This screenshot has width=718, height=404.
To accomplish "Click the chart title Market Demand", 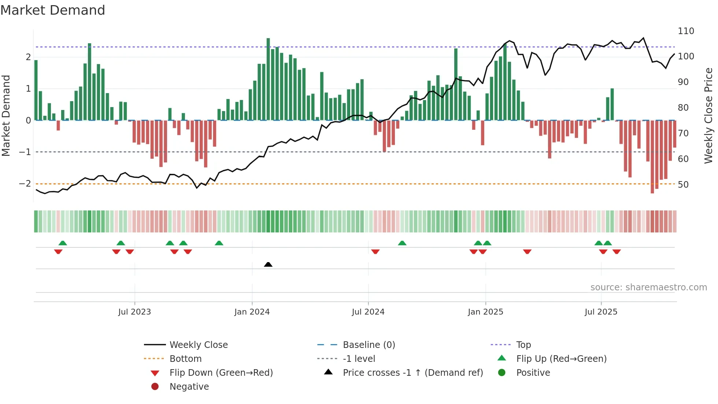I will pyautogui.click(x=53, y=10).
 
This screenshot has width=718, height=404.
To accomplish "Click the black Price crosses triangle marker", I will pyautogui.click(x=268, y=264).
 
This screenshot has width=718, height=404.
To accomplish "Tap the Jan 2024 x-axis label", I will pyautogui.click(x=252, y=312).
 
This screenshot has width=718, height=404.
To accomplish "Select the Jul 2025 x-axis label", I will pyautogui.click(x=601, y=312).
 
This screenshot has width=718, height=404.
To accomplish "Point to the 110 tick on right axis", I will pyautogui.click(x=686, y=31).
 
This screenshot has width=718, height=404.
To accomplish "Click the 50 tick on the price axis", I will pyautogui.click(x=683, y=185).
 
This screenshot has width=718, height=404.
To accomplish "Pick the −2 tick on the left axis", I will pyautogui.click(x=25, y=183).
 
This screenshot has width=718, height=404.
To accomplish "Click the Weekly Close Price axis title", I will pyautogui.click(x=708, y=115).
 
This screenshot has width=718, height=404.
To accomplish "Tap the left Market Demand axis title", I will pyautogui.click(x=6, y=115).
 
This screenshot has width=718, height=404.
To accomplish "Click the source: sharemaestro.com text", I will pyautogui.click(x=648, y=287).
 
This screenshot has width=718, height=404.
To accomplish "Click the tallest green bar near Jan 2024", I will pyautogui.click(x=268, y=79).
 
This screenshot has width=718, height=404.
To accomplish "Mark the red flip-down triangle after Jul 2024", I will pyautogui.click(x=375, y=251).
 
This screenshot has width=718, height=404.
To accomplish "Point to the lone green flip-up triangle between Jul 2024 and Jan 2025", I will pyautogui.click(x=402, y=243).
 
